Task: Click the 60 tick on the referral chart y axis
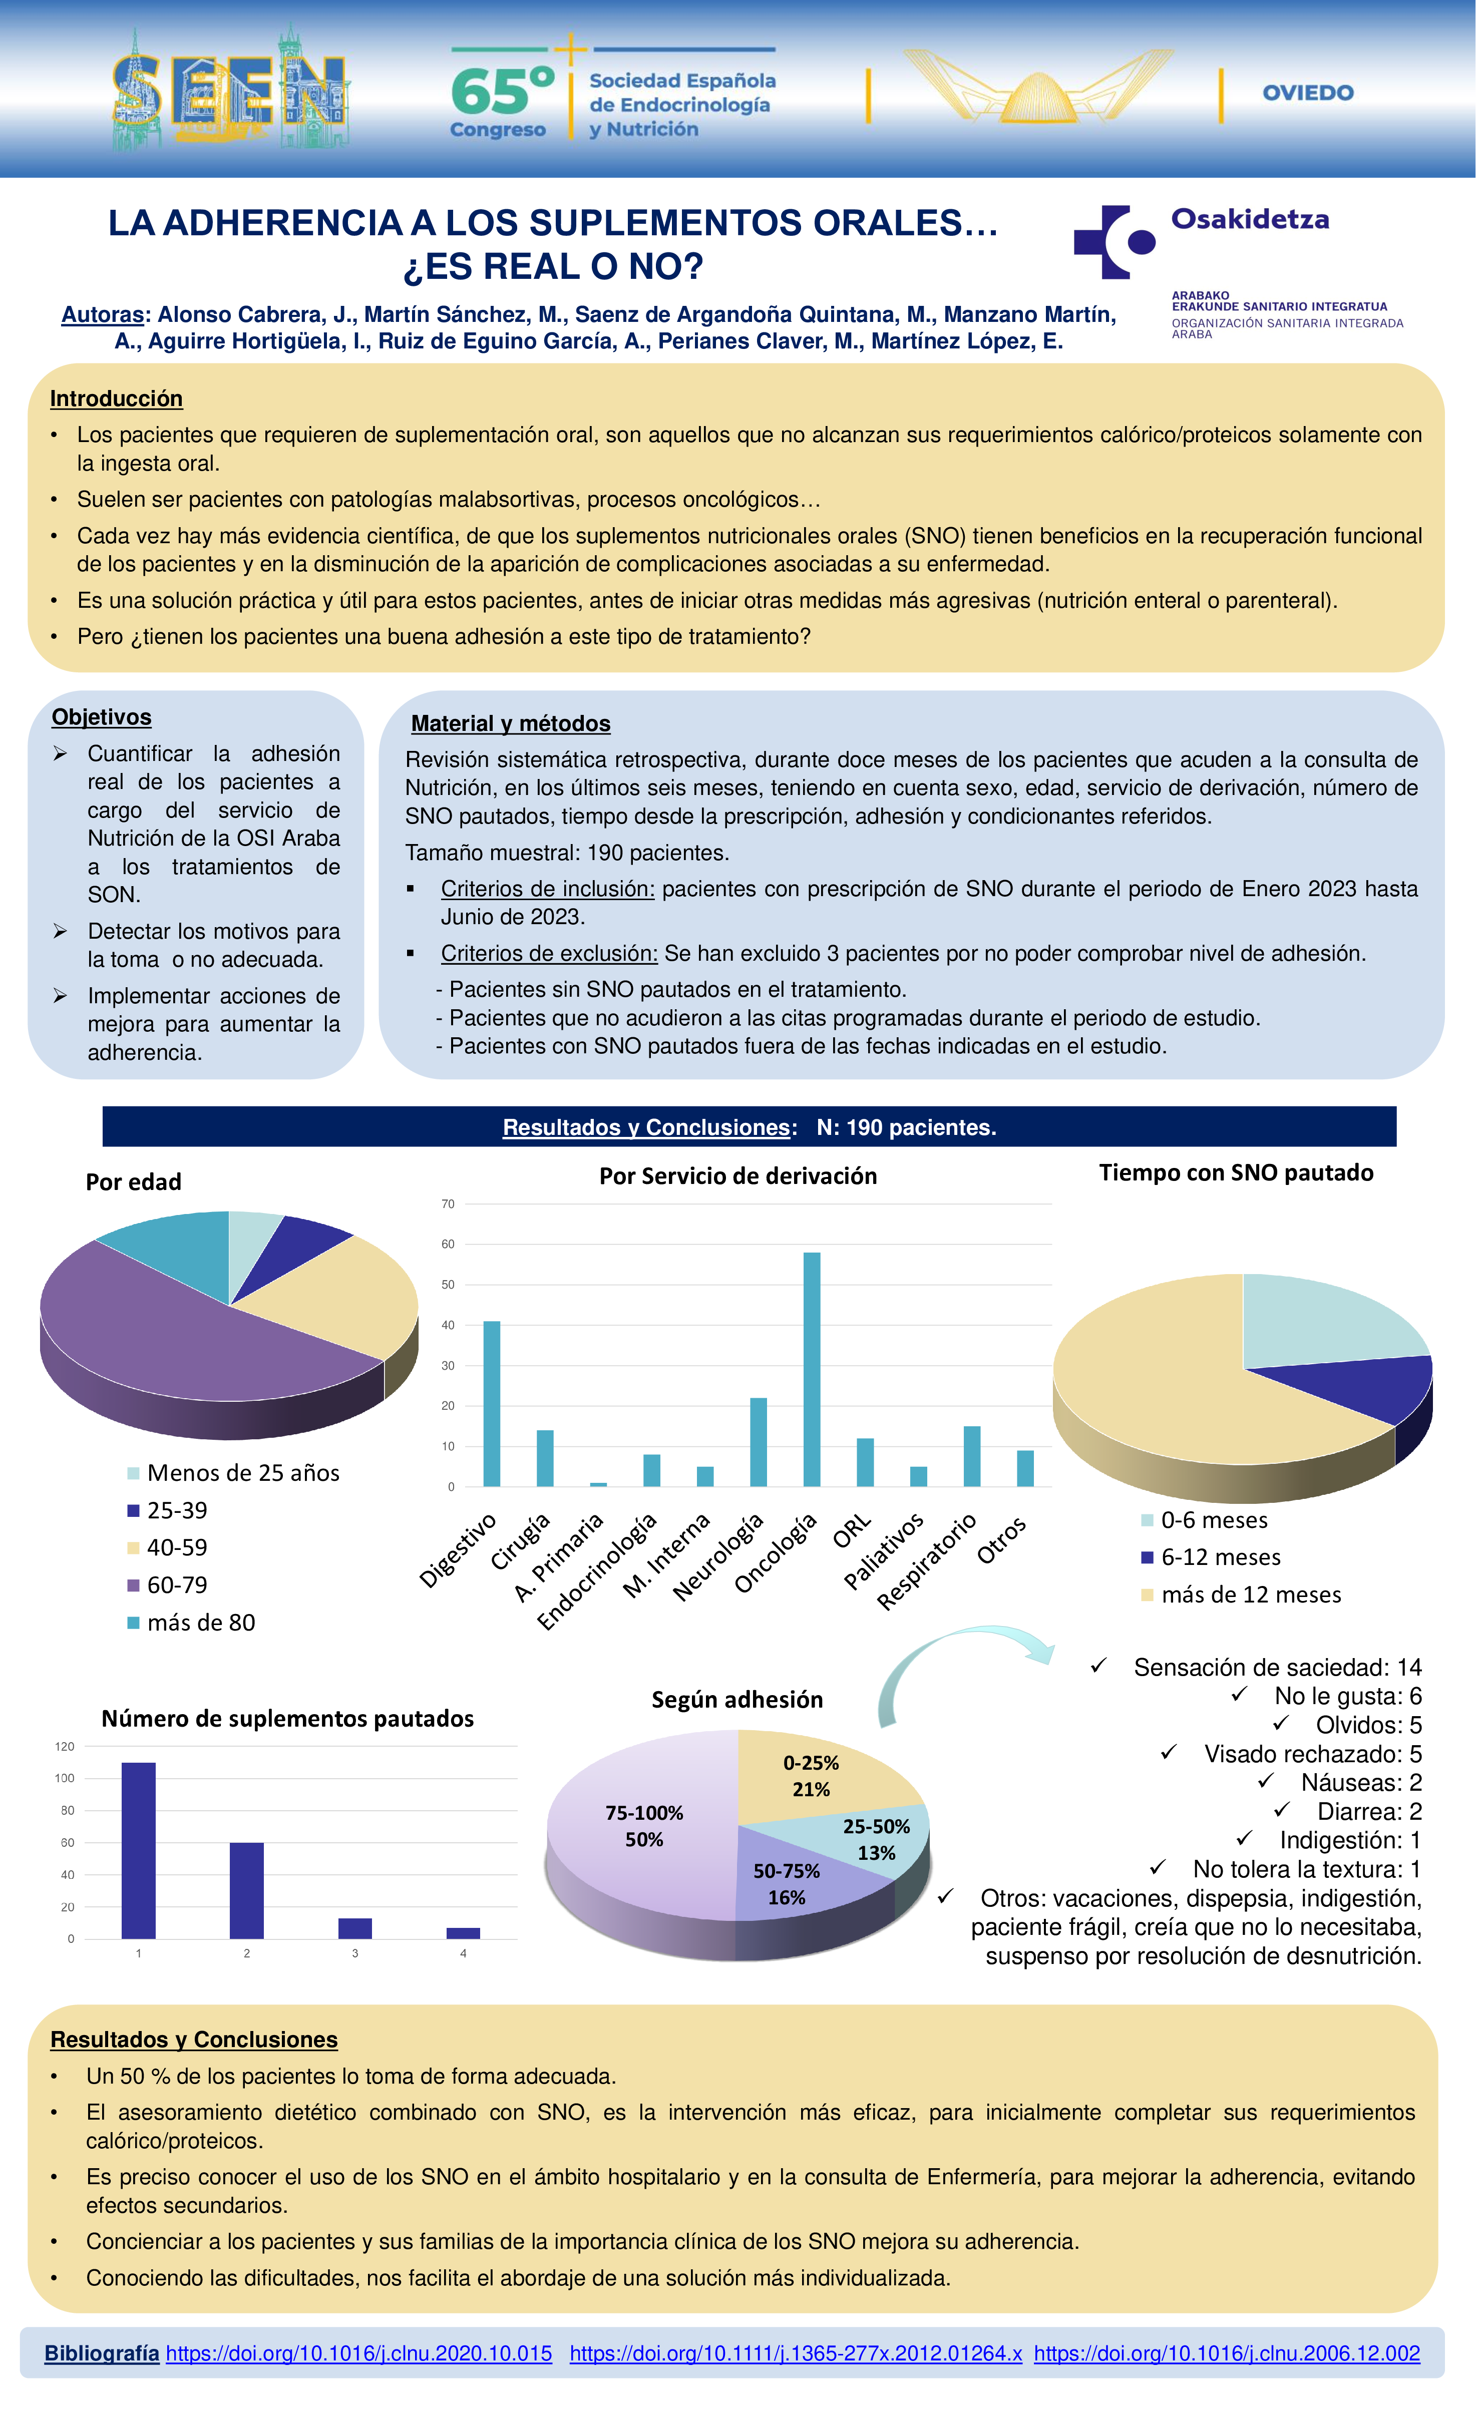click(x=448, y=1244)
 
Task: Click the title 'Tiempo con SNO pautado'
click(x=1235, y=1173)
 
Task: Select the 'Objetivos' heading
click(x=102, y=717)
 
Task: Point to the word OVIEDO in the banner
click(x=1308, y=93)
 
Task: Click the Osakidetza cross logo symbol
click(x=1114, y=242)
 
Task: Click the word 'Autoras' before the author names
click(x=103, y=314)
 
